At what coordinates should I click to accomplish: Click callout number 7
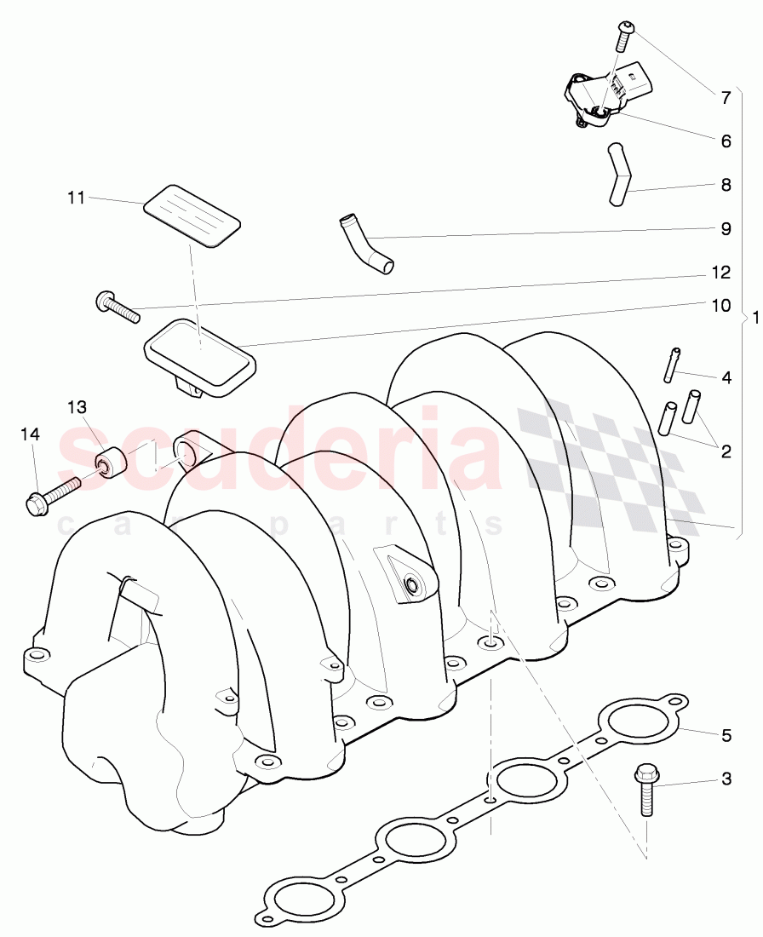[726, 98]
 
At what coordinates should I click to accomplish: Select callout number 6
[726, 141]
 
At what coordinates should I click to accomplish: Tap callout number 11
[77, 198]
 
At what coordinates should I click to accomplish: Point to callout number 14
[30, 435]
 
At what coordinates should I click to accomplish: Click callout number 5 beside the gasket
[726, 734]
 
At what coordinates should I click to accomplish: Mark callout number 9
[726, 228]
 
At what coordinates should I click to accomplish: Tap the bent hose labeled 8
[619, 175]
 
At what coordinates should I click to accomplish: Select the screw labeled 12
[118, 308]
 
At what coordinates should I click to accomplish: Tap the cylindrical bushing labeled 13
[111, 463]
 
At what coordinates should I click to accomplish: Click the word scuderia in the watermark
[281, 451]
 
